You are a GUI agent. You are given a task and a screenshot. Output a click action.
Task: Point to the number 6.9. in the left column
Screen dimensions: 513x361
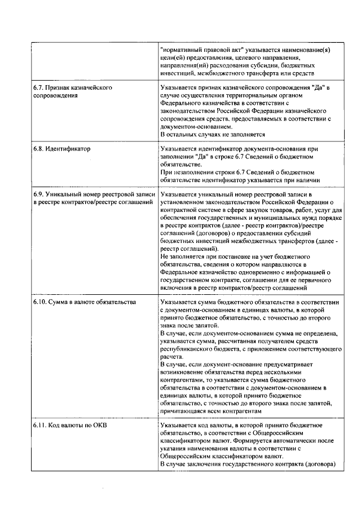tap(38, 194)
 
